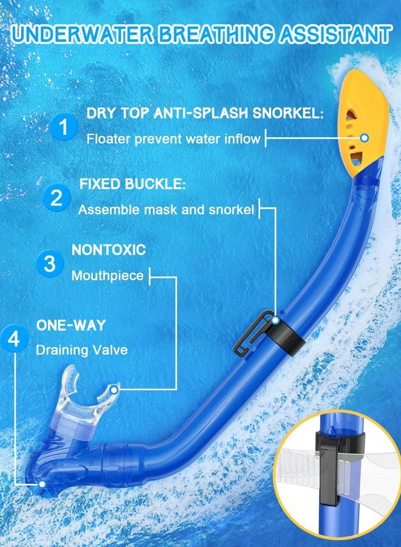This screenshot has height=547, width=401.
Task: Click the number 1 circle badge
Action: pyautogui.click(x=63, y=127)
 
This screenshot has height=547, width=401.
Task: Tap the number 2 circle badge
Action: pyautogui.click(x=57, y=198)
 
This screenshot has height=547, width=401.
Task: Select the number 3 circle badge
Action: pyautogui.click(x=50, y=263)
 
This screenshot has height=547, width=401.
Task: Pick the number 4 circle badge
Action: pyautogui.click(x=15, y=339)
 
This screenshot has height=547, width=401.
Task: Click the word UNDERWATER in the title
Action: pyautogui.click(x=82, y=34)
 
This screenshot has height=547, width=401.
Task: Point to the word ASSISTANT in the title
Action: pyautogui.click(x=335, y=34)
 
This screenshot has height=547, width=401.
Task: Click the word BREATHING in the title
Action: pyautogui.click(x=216, y=34)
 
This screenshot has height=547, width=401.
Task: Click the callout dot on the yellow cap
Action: pyautogui.click(x=365, y=138)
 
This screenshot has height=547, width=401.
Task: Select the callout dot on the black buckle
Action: pyautogui.click(x=276, y=320)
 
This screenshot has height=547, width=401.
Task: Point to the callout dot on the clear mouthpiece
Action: pyautogui.click(x=114, y=390)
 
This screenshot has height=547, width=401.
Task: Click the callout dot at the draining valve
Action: pyautogui.click(x=42, y=484)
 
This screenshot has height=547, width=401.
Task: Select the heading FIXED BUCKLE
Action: pyautogui.click(x=132, y=184)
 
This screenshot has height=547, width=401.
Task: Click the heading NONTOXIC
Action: pyautogui.click(x=108, y=250)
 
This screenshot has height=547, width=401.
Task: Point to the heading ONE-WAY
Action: pyautogui.click(x=71, y=325)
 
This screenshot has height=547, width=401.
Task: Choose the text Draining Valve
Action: pyautogui.click(x=82, y=350)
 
